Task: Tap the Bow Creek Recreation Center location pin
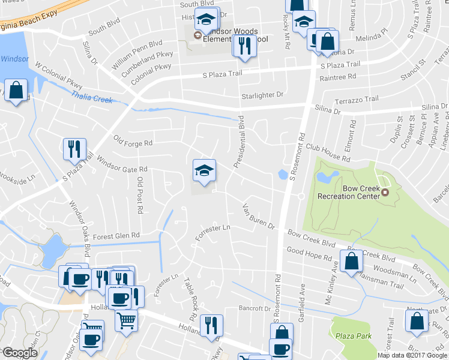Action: tap(385, 193)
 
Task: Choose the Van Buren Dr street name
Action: tap(258, 217)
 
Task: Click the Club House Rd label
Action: tap(328, 152)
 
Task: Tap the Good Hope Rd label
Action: tap(309, 254)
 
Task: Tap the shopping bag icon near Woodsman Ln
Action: tap(352, 261)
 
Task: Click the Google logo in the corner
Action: tap(20, 353)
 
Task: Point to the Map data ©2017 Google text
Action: tap(412, 355)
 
